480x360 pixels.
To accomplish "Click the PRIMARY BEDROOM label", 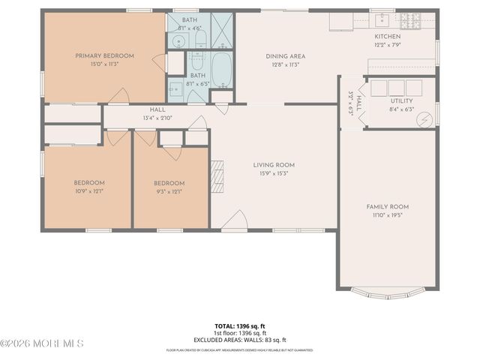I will (x=104, y=56).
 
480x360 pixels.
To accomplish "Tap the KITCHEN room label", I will (x=388, y=36).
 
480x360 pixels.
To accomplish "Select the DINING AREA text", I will (x=285, y=56).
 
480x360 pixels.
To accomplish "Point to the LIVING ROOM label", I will (x=274, y=165).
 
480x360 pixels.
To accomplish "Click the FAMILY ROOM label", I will (x=387, y=206).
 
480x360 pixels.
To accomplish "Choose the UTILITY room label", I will (x=401, y=100).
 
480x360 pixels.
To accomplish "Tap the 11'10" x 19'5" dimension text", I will (x=387, y=215).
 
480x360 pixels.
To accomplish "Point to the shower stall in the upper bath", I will (x=223, y=30).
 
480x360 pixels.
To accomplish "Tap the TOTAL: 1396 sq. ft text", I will (x=240, y=325).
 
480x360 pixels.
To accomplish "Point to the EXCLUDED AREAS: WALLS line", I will (x=240, y=340).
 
